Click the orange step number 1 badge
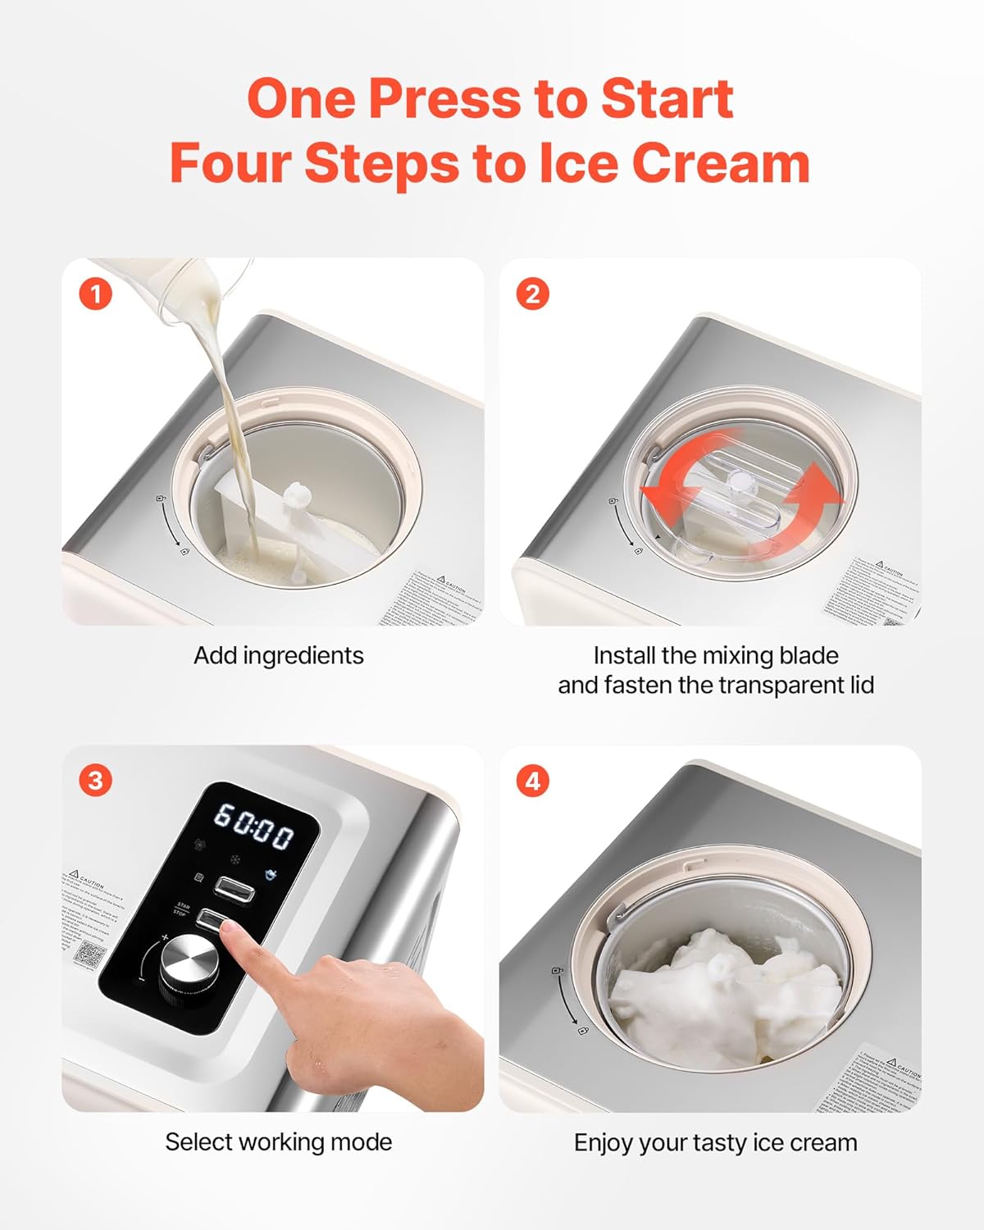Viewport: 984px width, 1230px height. pyautogui.click(x=95, y=294)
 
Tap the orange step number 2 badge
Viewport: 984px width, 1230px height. pyautogui.click(x=532, y=294)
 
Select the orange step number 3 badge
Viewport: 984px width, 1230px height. pyautogui.click(x=95, y=780)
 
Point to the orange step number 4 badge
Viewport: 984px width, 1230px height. pyautogui.click(x=532, y=780)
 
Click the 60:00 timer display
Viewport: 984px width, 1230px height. pyautogui.click(x=253, y=826)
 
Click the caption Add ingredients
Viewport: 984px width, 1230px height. pyautogui.click(x=279, y=656)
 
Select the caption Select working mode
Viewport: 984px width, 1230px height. pyautogui.click(x=279, y=1142)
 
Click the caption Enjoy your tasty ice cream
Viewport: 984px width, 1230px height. pyautogui.click(x=715, y=1142)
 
